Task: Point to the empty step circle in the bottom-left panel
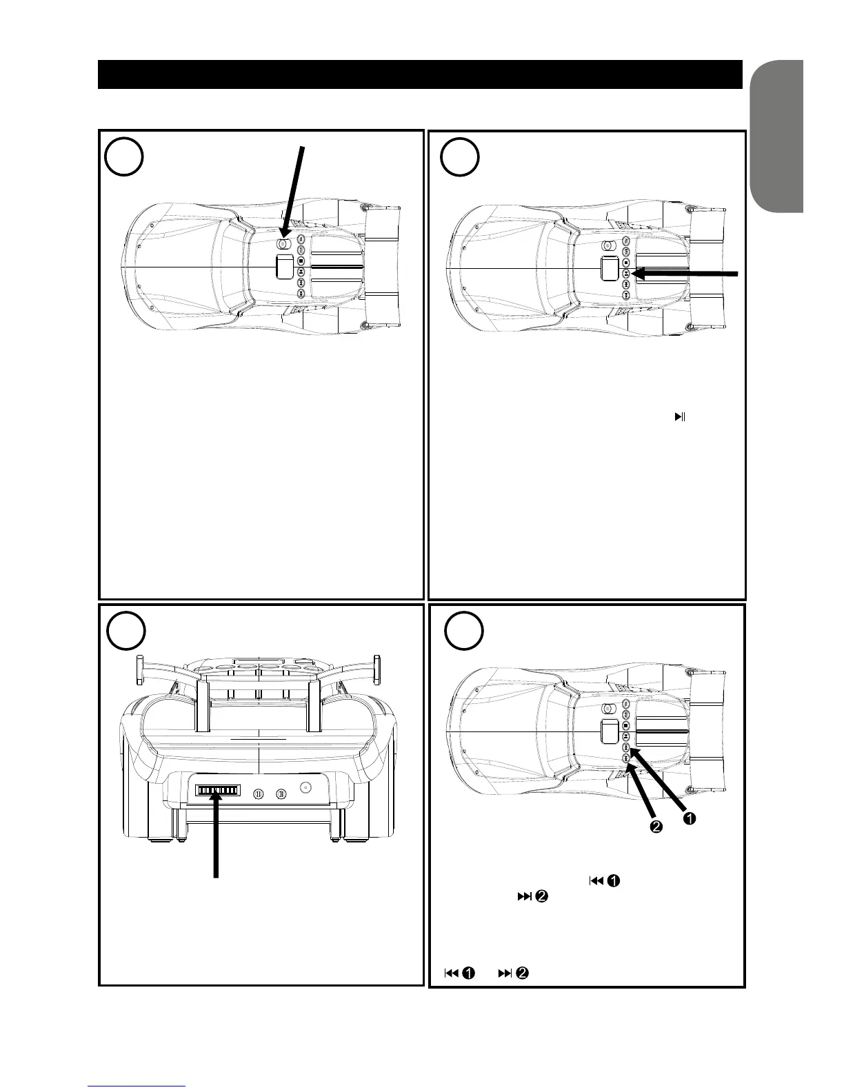pos(126,631)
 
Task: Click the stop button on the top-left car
pos(301,261)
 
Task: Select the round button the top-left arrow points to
pos(282,243)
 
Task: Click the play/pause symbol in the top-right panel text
pos(680,416)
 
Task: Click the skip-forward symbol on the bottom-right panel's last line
pos(505,973)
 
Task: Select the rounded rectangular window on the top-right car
pos(607,268)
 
